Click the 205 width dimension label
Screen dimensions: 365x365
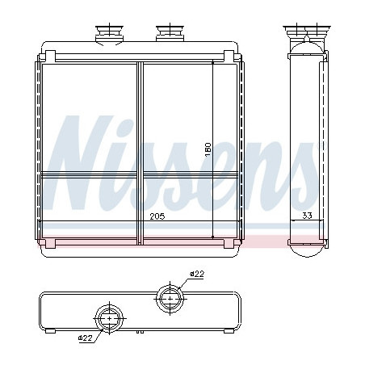click(157, 216)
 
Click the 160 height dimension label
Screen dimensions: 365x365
click(208, 150)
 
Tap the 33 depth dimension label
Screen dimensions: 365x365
click(307, 216)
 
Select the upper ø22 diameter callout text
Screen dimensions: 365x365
click(197, 275)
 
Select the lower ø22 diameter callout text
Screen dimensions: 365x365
click(86, 338)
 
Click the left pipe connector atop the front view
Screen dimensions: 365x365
click(109, 34)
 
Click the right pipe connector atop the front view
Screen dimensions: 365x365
click(170, 33)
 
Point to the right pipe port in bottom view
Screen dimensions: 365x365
click(170, 299)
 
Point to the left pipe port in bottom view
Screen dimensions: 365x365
click(110, 319)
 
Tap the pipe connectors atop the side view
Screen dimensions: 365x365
click(307, 34)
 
